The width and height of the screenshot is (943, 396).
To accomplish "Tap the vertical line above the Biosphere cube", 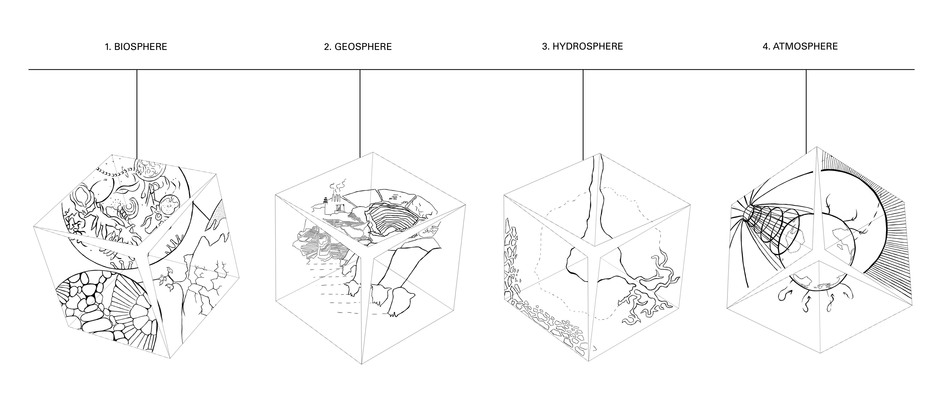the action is point(137,113).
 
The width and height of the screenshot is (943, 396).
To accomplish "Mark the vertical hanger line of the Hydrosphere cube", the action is point(583,113).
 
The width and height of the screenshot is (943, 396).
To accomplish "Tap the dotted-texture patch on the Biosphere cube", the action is point(216,219).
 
